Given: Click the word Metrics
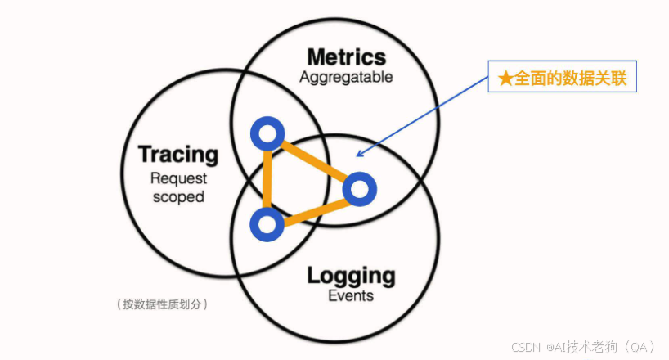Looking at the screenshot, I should [346, 57].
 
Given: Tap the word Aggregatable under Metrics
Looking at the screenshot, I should [346, 78].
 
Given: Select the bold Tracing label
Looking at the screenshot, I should [178, 154].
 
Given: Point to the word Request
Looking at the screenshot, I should [178, 178].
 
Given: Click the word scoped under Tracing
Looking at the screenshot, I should [178, 196].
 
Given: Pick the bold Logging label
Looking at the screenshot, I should [351, 275].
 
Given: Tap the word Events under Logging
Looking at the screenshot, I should [351, 295].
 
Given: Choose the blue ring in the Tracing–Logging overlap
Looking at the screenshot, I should [267, 223].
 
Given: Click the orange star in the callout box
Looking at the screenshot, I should [505, 79].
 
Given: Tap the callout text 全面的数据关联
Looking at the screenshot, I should [569, 79].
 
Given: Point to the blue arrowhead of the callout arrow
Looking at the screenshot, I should [361, 152].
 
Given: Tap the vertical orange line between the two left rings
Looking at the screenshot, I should [267, 178].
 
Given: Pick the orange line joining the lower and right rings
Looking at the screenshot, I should [312, 206].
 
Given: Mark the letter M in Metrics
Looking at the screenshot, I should [316, 57].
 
